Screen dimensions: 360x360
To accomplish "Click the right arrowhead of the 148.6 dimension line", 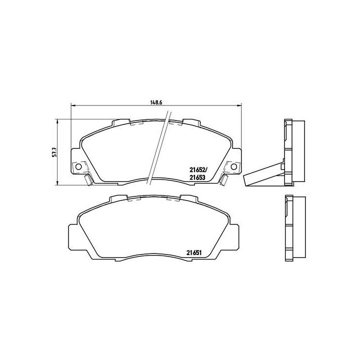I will point(240,105).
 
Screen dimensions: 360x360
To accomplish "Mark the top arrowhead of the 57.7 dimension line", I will point(58,120).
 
